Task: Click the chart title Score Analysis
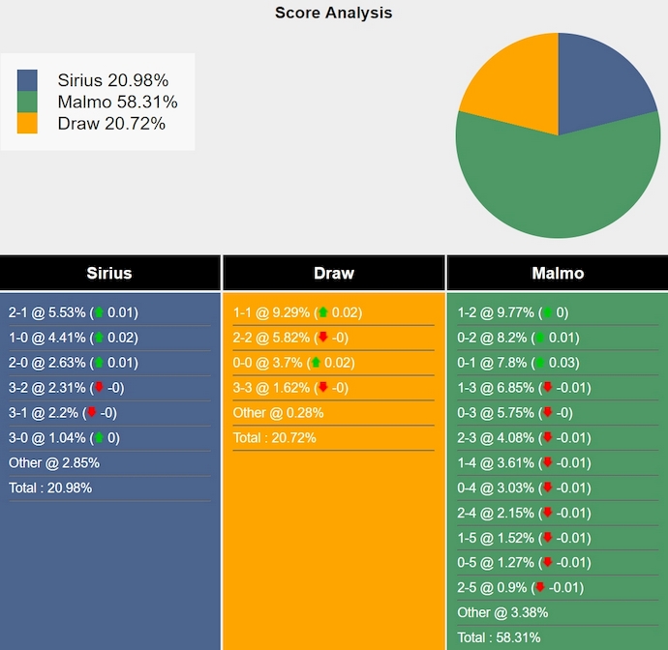coord(333,13)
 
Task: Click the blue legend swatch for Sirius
coord(27,80)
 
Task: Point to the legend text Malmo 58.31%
coord(117,102)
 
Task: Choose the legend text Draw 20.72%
coord(111,123)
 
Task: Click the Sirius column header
coord(109,273)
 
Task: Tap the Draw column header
coord(334,273)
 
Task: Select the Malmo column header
coord(558,273)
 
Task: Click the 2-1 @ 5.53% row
coord(74,312)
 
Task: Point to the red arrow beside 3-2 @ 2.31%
coord(98,388)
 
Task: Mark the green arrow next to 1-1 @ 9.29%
coord(322,312)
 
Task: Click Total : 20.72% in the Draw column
coord(274,438)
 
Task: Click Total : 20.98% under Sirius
coord(50,487)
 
